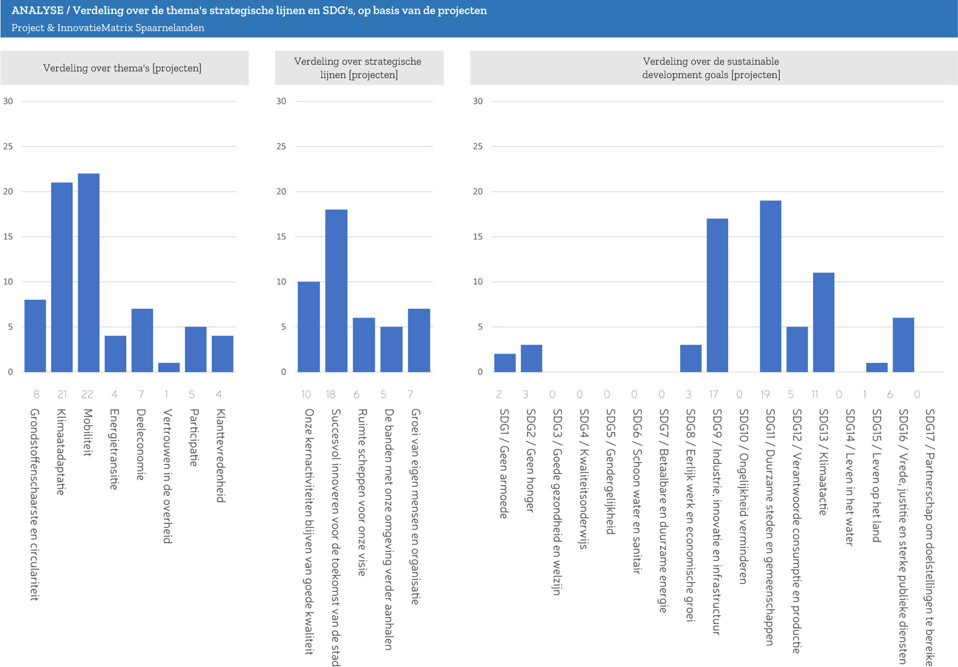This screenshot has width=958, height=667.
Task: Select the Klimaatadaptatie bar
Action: coord(62,277)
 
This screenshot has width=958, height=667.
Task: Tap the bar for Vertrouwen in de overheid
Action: coord(169,367)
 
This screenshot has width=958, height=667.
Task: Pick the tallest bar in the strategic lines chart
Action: coord(336,291)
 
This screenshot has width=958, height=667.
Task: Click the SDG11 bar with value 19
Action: coord(770,286)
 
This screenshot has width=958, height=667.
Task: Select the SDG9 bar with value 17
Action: coord(717,295)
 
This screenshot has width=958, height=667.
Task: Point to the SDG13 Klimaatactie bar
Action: coord(823,322)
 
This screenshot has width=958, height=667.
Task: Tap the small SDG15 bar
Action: coord(876,367)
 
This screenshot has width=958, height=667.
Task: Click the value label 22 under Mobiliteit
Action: coord(87,394)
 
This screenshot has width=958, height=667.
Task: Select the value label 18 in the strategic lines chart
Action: coord(331,394)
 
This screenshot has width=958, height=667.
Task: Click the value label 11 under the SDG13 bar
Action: coord(815,394)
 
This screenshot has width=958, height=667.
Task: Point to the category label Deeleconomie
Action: coord(141,445)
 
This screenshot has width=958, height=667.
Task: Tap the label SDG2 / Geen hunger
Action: coord(530,461)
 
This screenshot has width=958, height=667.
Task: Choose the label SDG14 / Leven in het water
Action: coord(850,477)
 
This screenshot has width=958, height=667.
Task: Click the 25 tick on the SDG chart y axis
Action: coord(477,147)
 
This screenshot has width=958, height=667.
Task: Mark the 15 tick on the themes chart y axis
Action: coord(8,237)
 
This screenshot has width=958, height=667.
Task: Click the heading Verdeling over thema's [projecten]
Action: coord(122,68)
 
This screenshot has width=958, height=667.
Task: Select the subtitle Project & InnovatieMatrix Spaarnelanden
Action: coord(108,28)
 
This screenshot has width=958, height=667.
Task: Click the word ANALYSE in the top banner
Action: coord(37,11)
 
